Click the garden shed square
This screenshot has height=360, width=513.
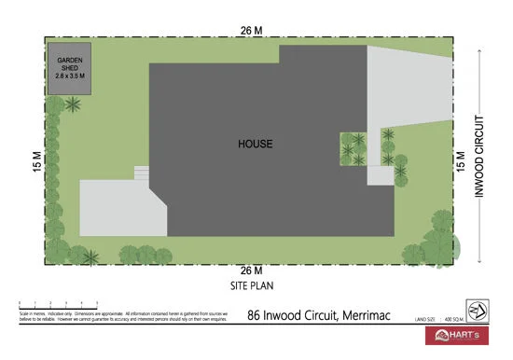tap(71, 67)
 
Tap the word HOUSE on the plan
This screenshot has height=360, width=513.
tap(255, 144)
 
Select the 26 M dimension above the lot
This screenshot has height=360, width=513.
tap(250, 31)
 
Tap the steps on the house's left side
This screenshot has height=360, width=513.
tap(142, 173)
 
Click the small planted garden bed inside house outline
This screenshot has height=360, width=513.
tap(354, 148)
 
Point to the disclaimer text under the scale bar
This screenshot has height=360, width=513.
tap(121, 319)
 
